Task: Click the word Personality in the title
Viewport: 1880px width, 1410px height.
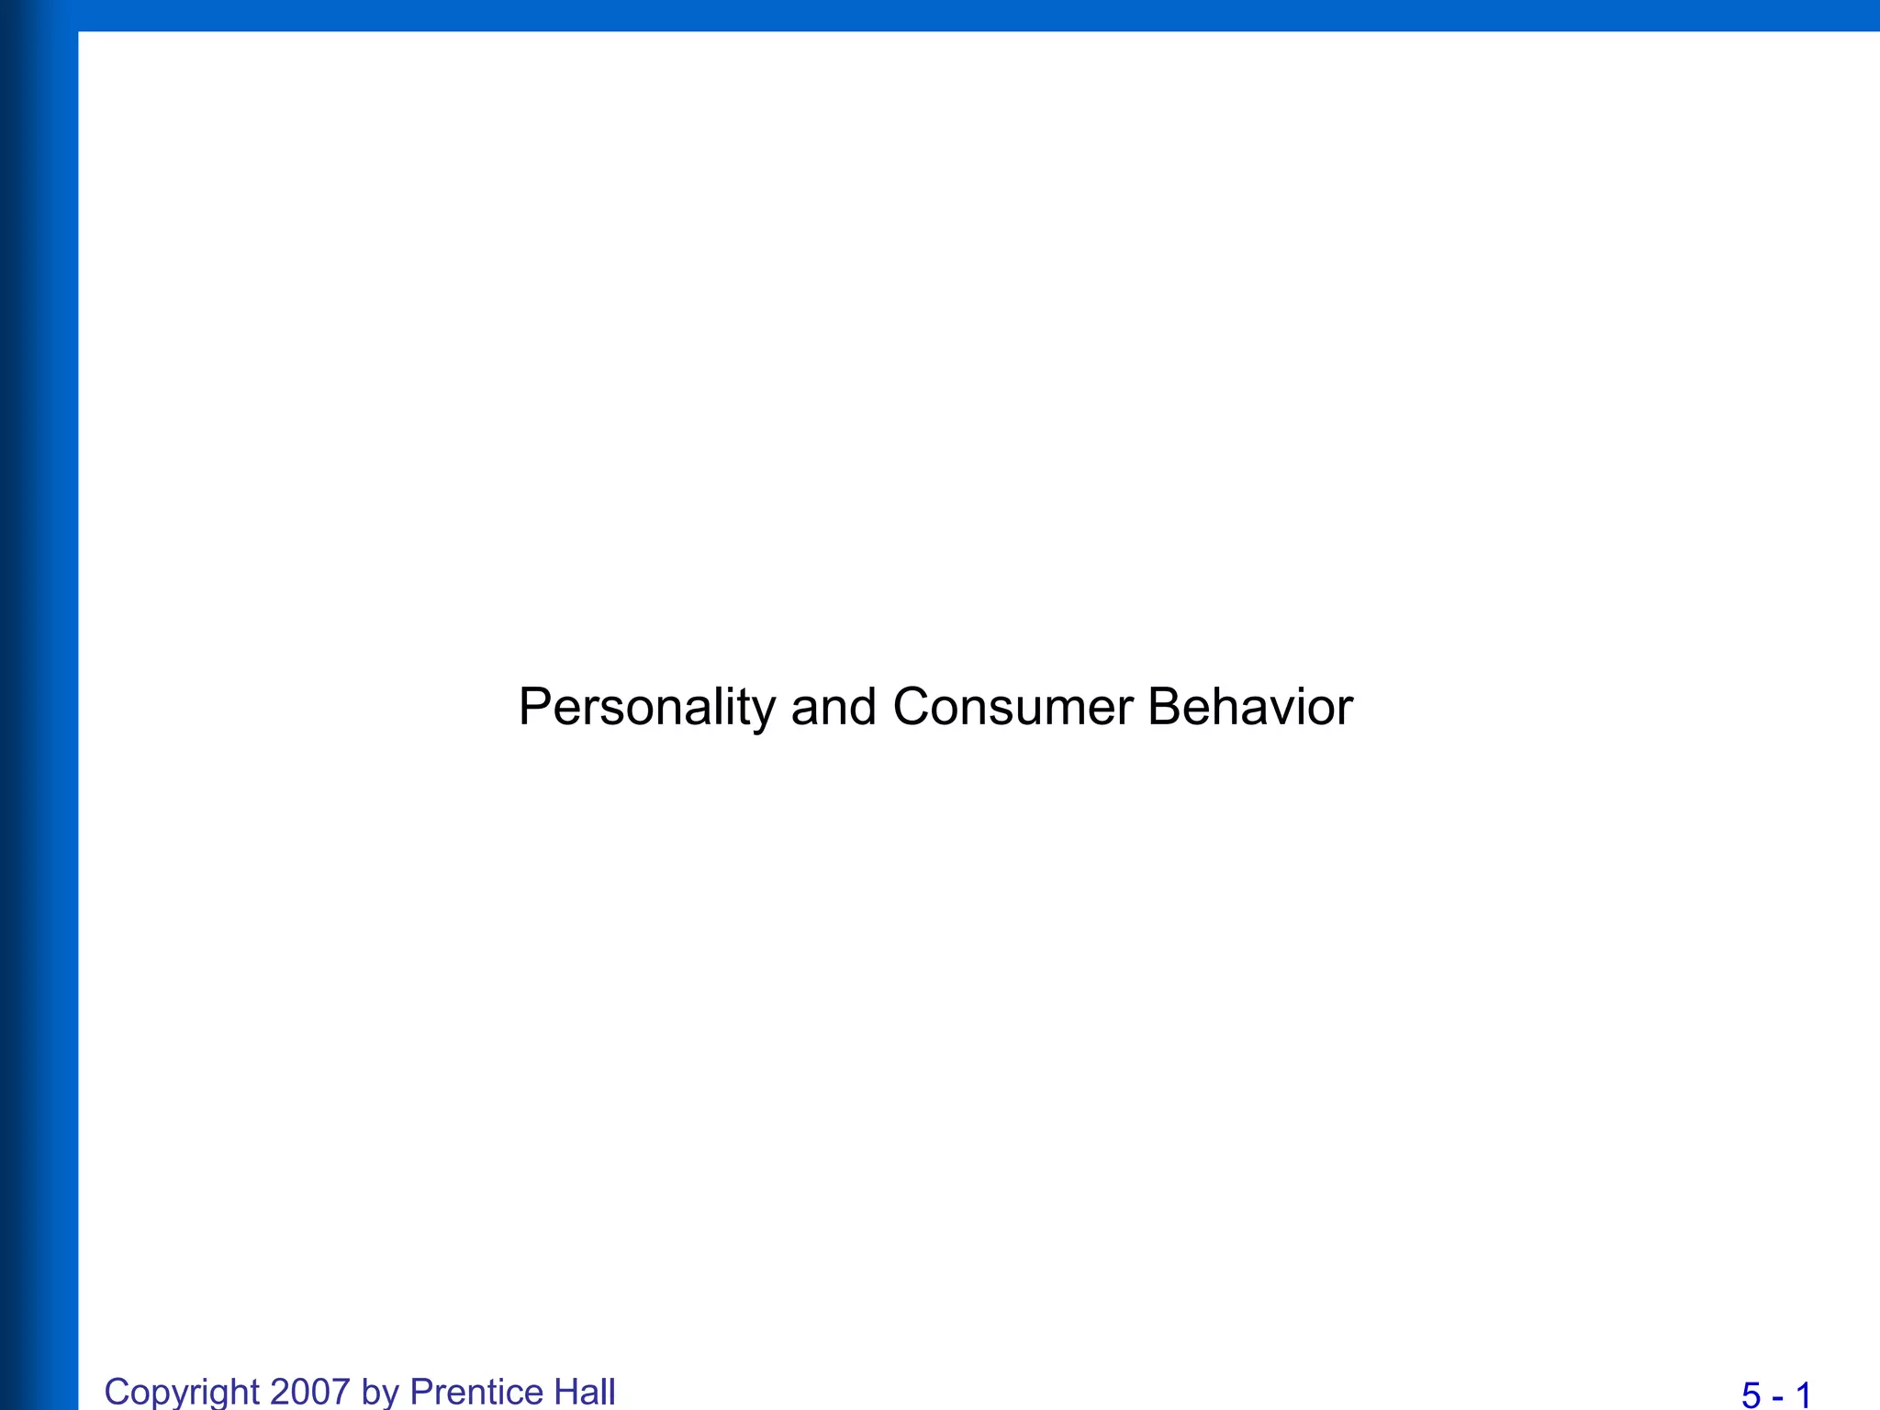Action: click(647, 708)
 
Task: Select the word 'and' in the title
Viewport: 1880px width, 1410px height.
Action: click(834, 708)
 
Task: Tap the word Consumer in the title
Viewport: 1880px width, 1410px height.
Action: click(1013, 708)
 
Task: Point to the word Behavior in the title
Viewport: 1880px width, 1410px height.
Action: click(1249, 708)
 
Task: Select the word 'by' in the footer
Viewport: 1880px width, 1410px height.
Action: click(380, 1392)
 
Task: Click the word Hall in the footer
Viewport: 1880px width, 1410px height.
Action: click(585, 1392)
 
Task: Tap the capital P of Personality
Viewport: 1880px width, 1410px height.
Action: click(535, 707)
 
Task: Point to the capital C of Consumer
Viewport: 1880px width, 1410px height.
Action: click(912, 707)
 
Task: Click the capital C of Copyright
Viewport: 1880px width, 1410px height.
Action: click(117, 1392)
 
